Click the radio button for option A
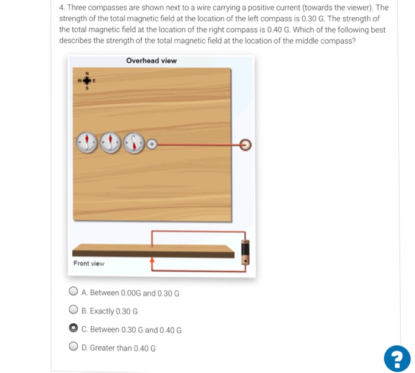pos(74,291)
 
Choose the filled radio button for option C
pos(74,328)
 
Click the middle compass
pos(111,142)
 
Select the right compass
pos(135,143)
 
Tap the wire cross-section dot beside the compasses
pos(152,143)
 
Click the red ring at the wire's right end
pos(245,144)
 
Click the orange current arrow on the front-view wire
pos(152,260)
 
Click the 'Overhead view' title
pos(151,61)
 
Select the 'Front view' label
pos(89,263)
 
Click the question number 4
pos(62,8)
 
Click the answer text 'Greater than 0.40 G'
pos(119,348)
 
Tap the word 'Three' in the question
pos(78,8)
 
